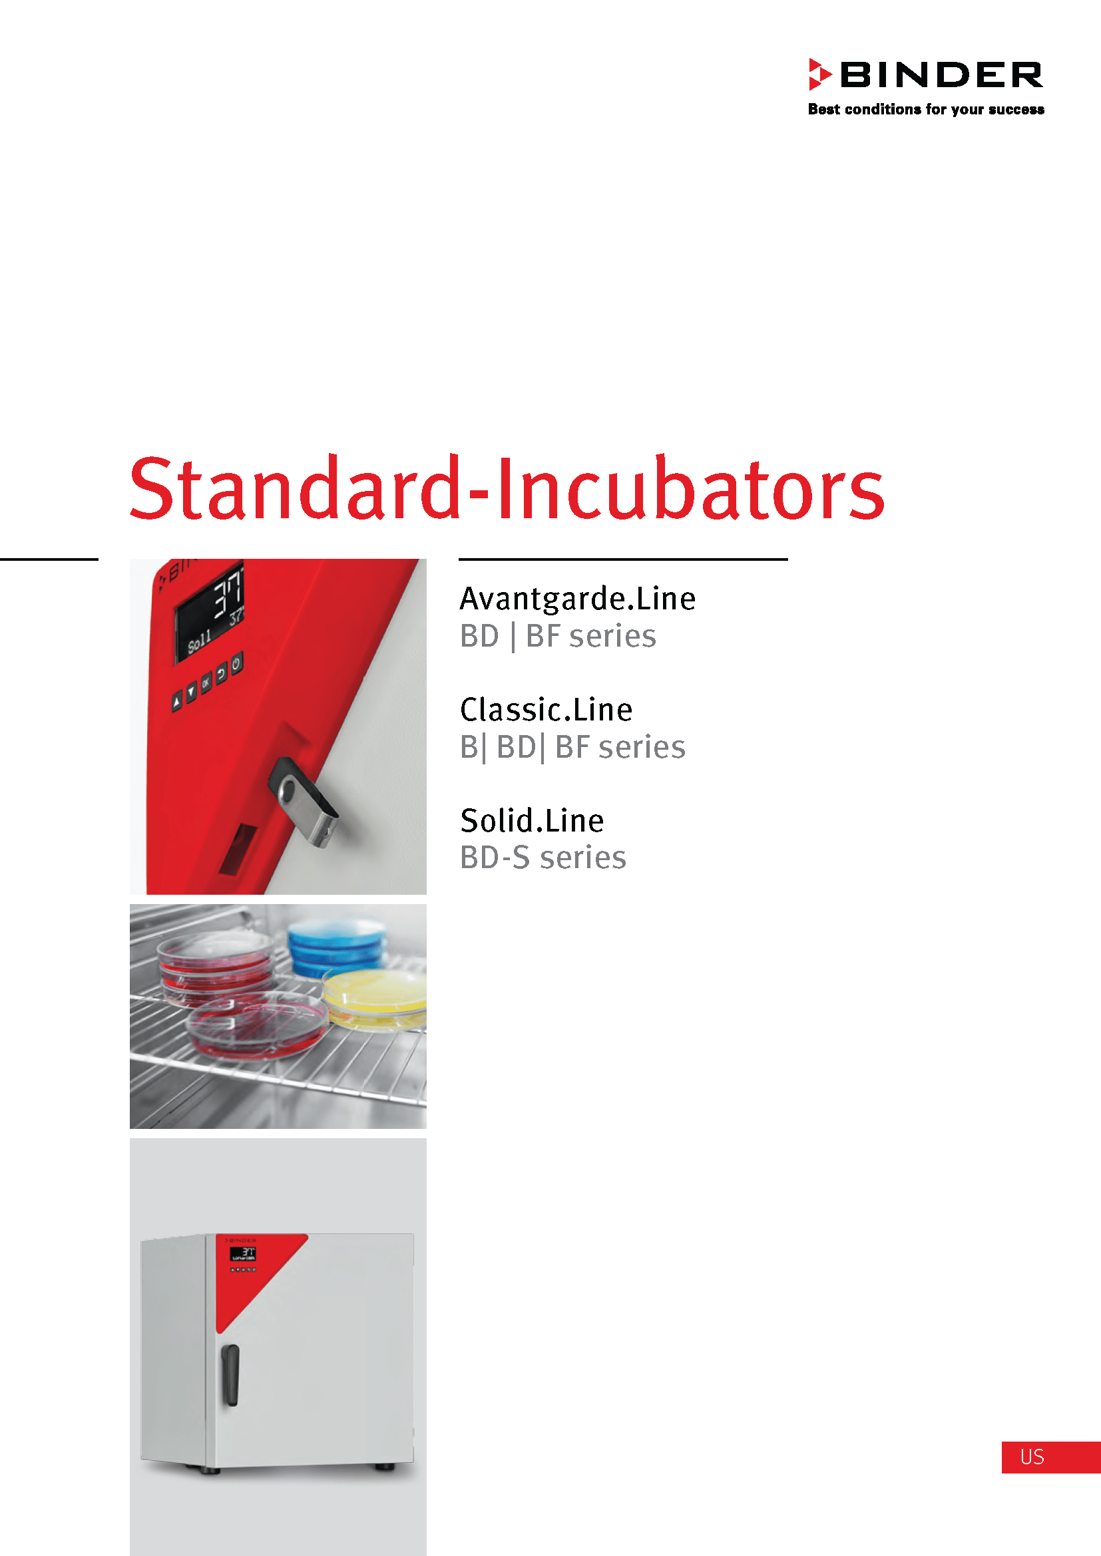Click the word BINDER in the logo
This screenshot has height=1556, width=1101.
[942, 75]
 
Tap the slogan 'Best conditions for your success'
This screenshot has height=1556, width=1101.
[926, 109]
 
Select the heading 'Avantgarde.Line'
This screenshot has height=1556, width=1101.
[578, 599]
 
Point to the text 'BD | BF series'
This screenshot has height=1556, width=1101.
[558, 637]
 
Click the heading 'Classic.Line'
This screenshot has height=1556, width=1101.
[547, 710]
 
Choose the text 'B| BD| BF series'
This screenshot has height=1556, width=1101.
[573, 748]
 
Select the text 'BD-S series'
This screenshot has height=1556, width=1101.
[543, 858]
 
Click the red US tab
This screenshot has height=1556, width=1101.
[1052, 1457]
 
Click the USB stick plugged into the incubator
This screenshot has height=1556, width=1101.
[303, 801]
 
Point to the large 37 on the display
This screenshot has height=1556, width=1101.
[228, 593]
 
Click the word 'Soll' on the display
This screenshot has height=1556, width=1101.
[199, 641]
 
